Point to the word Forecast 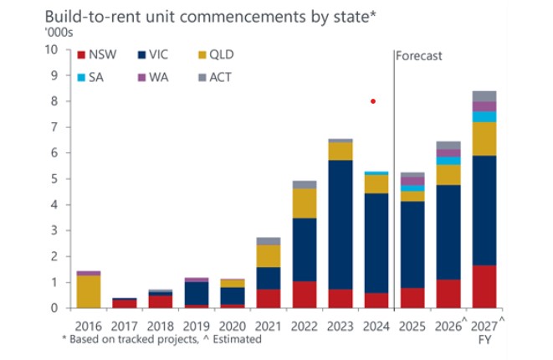(419, 56)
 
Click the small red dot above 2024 (373, 101)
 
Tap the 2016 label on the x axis (88, 325)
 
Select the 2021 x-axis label (269, 325)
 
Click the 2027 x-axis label (483, 325)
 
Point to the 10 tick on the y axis (52, 49)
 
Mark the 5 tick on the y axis (54, 179)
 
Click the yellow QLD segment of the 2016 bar (88, 291)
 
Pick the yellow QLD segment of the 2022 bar (305, 203)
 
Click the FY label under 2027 (484, 341)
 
